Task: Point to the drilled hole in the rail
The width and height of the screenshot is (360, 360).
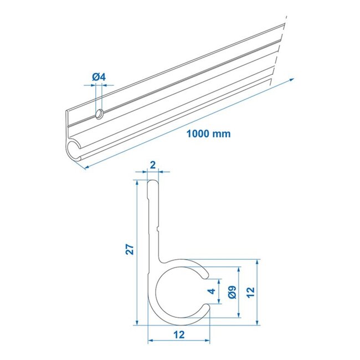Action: pos(99,114)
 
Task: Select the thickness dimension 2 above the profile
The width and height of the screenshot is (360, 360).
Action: pos(153,164)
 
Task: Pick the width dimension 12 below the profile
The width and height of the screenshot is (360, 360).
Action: pos(178,334)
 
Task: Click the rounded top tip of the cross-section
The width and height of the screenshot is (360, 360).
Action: pos(153,183)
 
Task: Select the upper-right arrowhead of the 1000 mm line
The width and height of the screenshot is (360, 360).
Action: pos(292,79)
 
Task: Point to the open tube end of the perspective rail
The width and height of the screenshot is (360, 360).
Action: pos(75,150)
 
